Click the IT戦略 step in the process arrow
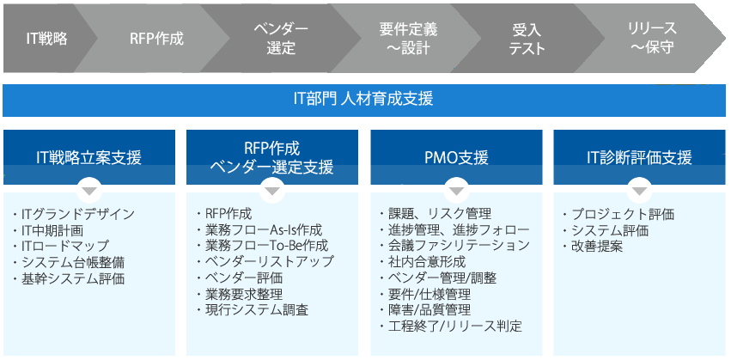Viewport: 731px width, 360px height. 46,39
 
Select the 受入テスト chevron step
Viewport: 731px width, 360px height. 527,39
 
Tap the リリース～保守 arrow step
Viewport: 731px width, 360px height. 652,38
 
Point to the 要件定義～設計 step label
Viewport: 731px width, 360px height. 408,39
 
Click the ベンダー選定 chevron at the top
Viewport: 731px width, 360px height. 281,39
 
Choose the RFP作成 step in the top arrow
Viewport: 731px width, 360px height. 156,39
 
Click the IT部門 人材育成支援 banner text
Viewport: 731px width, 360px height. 363,100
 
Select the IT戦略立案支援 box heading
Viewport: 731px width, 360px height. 88,158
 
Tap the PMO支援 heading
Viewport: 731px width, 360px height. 456,158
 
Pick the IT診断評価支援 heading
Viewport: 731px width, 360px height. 639,158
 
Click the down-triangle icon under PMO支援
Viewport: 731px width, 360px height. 456,192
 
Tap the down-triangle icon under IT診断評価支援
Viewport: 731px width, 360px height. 639,192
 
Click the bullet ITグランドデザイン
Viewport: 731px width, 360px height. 74,215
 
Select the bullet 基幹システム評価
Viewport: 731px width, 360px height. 69,279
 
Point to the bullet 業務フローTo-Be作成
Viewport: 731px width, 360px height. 263,246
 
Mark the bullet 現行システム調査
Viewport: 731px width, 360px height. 253,310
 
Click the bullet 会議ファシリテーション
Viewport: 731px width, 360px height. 455,246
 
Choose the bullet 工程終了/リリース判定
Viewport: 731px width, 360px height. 451,326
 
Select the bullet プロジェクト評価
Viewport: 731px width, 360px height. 618,215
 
